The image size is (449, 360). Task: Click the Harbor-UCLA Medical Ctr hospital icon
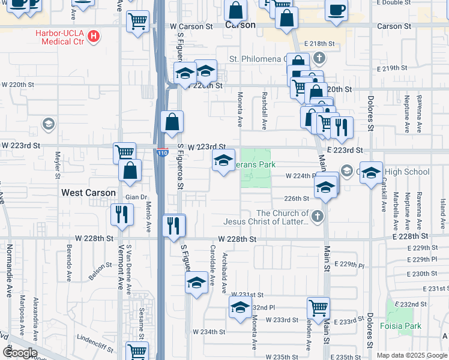point(93,37)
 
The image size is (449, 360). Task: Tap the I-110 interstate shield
point(162,153)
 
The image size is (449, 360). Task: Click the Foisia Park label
point(400,327)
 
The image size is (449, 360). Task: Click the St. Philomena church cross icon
point(318,59)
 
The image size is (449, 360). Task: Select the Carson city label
point(240,26)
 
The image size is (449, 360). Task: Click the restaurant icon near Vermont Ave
point(122,214)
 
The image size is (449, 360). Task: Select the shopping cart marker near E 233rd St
point(318,308)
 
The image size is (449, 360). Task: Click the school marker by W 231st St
point(240,307)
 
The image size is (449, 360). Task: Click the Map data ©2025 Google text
point(411,355)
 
